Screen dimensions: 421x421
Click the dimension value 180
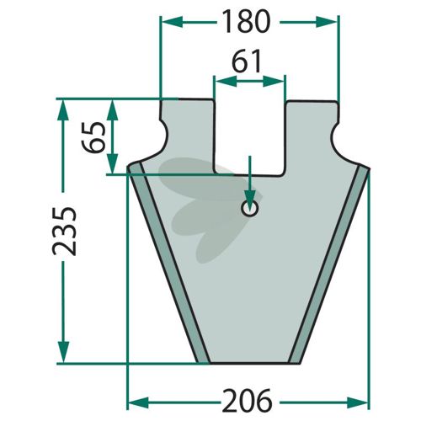(247, 21)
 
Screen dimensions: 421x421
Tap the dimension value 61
(247, 61)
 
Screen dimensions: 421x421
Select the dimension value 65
(94, 137)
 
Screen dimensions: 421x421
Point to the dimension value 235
(64, 232)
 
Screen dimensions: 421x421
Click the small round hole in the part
(250, 208)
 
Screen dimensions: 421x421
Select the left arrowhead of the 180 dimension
(172, 22)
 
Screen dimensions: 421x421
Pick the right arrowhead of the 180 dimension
(327, 22)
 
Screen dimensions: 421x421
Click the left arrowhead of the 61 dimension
(226, 82)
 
